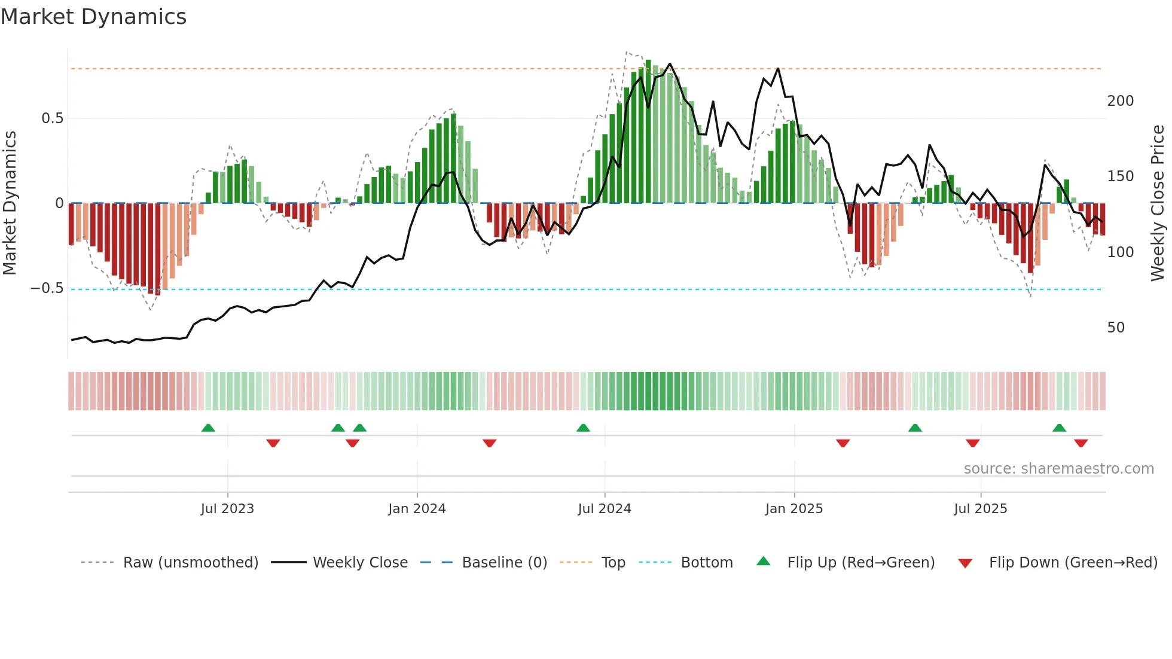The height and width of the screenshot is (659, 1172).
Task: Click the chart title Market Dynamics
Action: (x=93, y=17)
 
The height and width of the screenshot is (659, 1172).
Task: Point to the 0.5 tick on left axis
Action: (x=52, y=118)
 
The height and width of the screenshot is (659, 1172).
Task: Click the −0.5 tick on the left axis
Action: (x=47, y=288)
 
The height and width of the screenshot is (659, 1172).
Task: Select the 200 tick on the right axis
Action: (x=1120, y=101)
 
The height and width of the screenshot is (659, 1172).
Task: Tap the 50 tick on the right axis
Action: (x=1116, y=328)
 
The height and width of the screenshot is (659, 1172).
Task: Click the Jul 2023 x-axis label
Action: (x=227, y=509)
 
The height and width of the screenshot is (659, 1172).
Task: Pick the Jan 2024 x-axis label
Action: (x=417, y=509)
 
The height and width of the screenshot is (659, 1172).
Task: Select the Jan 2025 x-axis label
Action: (x=794, y=509)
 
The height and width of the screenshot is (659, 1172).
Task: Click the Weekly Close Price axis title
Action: (x=1158, y=203)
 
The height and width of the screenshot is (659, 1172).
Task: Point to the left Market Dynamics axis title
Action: (x=10, y=203)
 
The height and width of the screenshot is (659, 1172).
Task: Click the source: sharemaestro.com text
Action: (x=1058, y=469)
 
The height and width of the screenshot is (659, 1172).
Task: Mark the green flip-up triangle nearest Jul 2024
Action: (x=583, y=428)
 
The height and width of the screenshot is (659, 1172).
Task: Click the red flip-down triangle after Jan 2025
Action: (x=843, y=443)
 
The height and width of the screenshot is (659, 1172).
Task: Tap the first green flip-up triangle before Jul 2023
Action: (x=208, y=428)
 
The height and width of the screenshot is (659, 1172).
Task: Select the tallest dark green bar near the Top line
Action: (x=648, y=132)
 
